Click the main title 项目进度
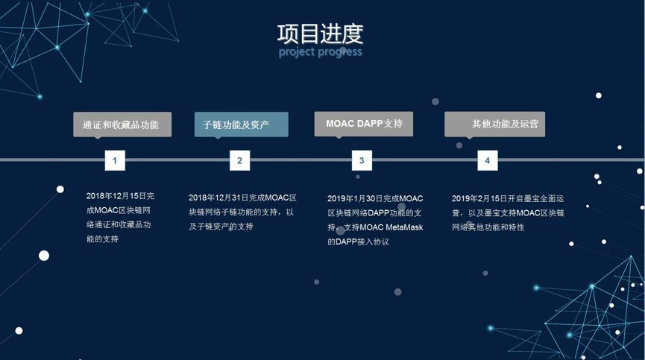coord(320,34)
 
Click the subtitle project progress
coord(321,52)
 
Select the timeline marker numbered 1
coord(115,160)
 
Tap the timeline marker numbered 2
coord(239,160)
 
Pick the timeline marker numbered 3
coord(362,160)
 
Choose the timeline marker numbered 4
coord(488,160)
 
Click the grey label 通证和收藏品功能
coord(122,124)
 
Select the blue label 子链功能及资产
coord(242,124)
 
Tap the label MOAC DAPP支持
coord(364,124)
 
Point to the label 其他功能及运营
coord(495,124)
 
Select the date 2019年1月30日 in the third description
coord(355,198)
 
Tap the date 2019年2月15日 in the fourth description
coord(479,198)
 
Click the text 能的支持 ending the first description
coord(102,239)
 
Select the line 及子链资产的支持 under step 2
coord(221,227)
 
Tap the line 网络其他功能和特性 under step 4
coord(488,227)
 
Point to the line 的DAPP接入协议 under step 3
coord(358,241)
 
